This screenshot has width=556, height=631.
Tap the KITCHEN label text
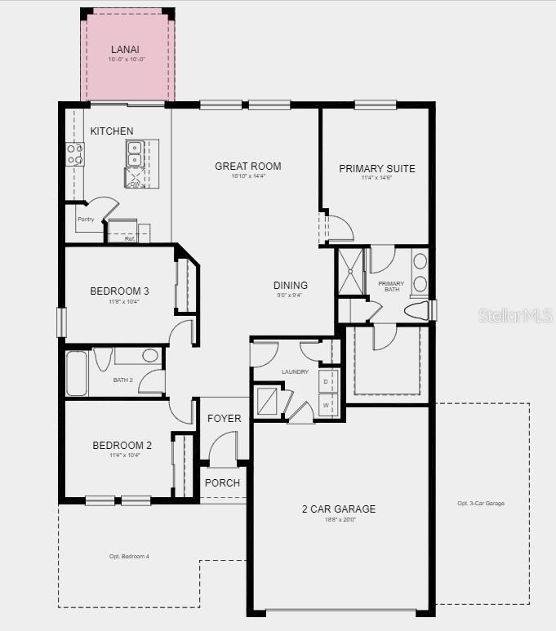click(x=112, y=131)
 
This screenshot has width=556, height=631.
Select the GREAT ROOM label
click(x=248, y=167)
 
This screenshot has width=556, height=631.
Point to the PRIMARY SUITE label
click(x=377, y=169)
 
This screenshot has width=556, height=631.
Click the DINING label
click(x=291, y=286)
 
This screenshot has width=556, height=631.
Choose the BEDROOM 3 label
click(x=119, y=291)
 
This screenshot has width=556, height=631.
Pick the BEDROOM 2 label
click(x=122, y=446)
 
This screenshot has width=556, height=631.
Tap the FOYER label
click(x=224, y=419)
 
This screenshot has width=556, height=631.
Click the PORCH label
click(x=222, y=483)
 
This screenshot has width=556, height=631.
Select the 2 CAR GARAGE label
click(x=339, y=509)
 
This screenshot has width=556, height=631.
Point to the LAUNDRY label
click(x=295, y=372)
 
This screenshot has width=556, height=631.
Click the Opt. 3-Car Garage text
click(x=481, y=504)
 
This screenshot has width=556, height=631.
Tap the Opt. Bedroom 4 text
click(x=130, y=557)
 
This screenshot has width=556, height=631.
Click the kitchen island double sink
click(x=135, y=153)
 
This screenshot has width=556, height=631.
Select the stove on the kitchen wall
click(x=74, y=154)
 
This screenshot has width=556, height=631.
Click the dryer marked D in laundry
click(x=327, y=382)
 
